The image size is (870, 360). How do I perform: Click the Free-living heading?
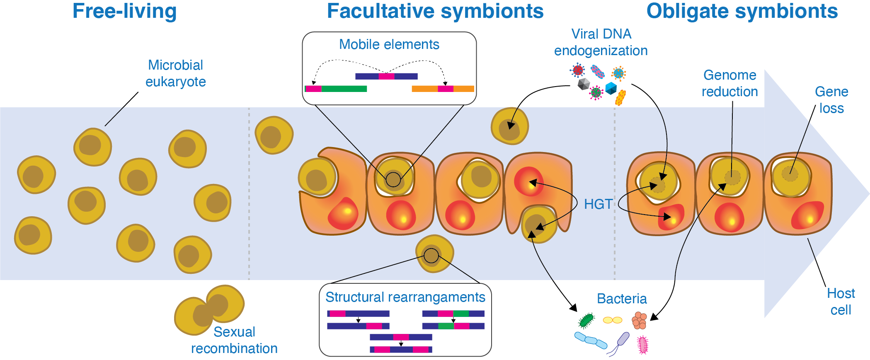coord(124,11)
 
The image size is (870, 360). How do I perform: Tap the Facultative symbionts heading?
coord(435,11)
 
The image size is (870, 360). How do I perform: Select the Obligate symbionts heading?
coord(742,11)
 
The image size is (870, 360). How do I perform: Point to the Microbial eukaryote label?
coord(176,73)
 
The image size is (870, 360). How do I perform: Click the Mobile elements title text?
coord(389,44)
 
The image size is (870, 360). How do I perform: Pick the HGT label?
coord(598,204)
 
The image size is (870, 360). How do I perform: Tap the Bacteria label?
coord(622,299)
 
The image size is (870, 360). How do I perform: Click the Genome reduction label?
coord(729,83)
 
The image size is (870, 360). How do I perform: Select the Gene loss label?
coord(831,100)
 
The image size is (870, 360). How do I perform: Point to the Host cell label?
coord(841,302)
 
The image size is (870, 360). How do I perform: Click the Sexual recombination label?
coord(234,340)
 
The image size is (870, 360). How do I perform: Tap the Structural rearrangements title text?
coord(405,297)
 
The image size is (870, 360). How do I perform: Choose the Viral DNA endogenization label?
coord(601,42)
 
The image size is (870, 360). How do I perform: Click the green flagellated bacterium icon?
coord(586,320)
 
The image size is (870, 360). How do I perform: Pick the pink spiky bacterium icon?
coord(642,345)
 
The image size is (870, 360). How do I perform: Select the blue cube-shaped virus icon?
coord(611,88)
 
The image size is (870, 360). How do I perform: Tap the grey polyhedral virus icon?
coord(584,84)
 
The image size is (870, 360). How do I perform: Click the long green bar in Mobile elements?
coord(344,89)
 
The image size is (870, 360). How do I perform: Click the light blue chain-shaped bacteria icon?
coord(591,340)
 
